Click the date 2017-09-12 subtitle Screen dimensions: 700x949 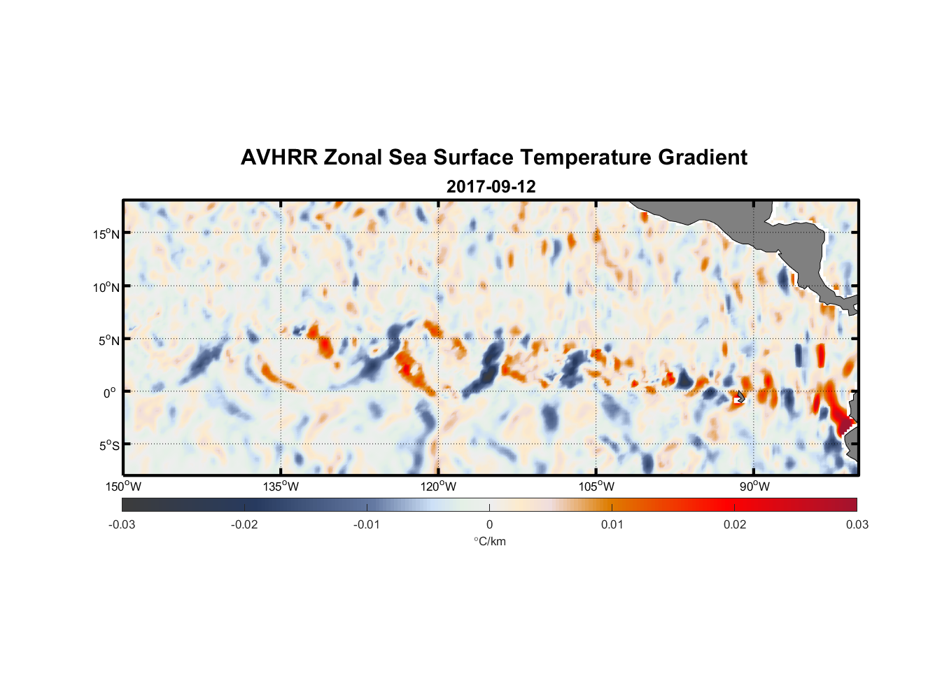click(x=491, y=187)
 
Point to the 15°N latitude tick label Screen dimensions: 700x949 click(x=106, y=234)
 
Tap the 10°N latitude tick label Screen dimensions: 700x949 click(x=106, y=287)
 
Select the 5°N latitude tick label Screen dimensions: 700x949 click(x=109, y=340)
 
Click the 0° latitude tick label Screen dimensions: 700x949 click(x=110, y=393)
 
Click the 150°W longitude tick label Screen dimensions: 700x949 click(x=124, y=486)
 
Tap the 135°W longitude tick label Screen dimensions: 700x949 click(x=281, y=486)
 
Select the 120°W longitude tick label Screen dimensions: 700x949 click(x=439, y=486)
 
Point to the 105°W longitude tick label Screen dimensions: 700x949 click(x=597, y=486)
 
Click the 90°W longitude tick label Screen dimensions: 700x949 click(x=754, y=486)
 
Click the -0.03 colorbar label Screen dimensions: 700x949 click(x=122, y=524)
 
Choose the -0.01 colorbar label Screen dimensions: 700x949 click(x=367, y=524)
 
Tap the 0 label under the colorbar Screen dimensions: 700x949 click(x=489, y=524)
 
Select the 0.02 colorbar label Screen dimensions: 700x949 click(x=735, y=524)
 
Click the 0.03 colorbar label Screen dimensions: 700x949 click(x=857, y=524)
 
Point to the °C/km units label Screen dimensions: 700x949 click(x=490, y=541)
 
